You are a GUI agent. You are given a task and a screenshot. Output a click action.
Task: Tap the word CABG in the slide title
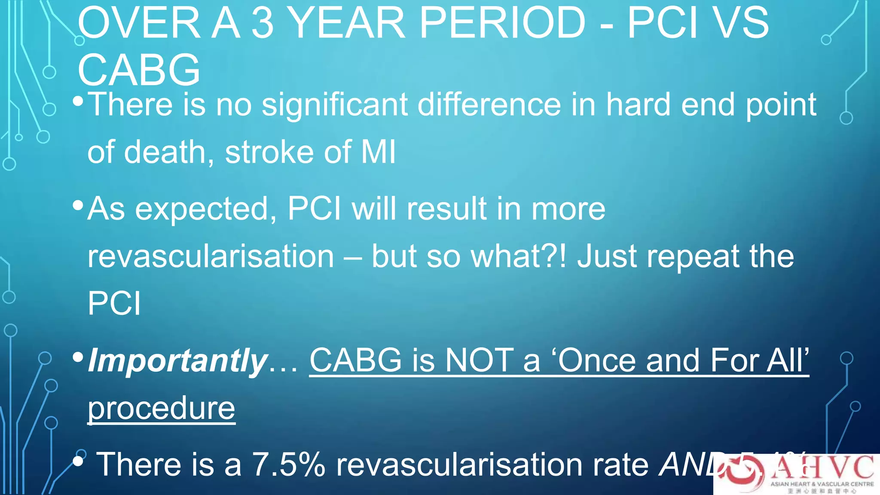tap(139, 70)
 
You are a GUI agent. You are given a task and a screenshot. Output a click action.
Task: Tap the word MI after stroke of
tap(378, 152)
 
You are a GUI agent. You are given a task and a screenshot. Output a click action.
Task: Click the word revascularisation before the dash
tap(211, 257)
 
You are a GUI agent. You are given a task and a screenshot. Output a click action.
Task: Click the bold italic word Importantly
tap(177, 361)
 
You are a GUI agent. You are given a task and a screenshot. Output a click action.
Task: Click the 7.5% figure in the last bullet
tap(288, 465)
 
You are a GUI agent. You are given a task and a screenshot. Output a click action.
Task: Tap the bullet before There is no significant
tap(78, 101)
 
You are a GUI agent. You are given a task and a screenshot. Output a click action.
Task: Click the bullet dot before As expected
tap(78, 205)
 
